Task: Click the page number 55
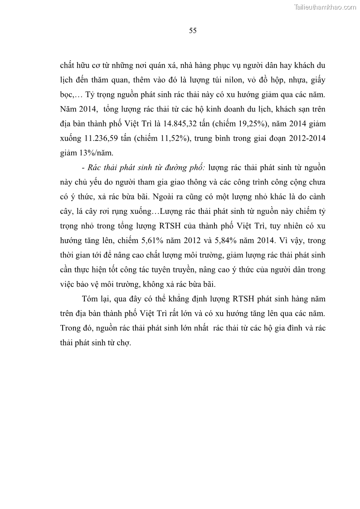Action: tap(192, 31)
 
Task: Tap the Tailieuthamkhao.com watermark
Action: tap(326, 7)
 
